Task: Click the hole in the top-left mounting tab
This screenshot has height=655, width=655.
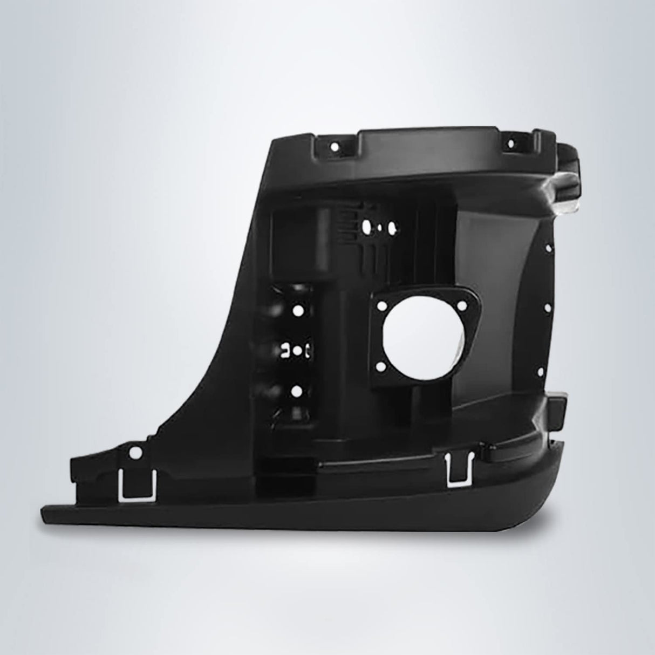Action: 334,146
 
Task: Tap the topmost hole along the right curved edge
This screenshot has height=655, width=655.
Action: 548,248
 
